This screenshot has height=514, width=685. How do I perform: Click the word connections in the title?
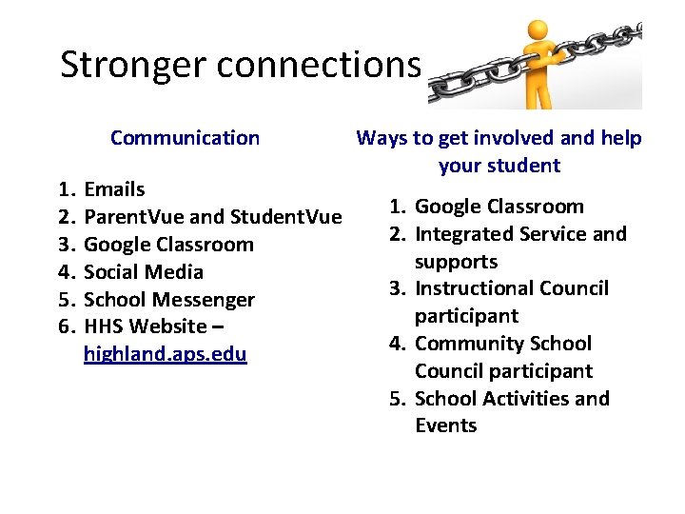click(x=319, y=65)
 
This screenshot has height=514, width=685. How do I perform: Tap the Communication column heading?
click(x=185, y=138)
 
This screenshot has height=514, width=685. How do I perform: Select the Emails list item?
click(x=114, y=189)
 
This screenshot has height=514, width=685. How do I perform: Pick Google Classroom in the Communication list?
click(x=168, y=245)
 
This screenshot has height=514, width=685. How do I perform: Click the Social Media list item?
click(x=144, y=272)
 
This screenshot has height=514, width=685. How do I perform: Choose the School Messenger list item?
click(x=169, y=300)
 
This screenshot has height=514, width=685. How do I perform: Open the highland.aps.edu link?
click(x=165, y=355)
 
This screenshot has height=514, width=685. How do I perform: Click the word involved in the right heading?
click(x=509, y=138)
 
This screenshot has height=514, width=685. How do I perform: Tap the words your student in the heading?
click(x=499, y=166)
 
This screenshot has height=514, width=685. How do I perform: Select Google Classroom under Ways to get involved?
click(x=499, y=207)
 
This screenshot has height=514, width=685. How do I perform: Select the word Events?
click(x=446, y=425)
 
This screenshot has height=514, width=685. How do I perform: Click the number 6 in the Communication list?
click(x=66, y=326)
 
